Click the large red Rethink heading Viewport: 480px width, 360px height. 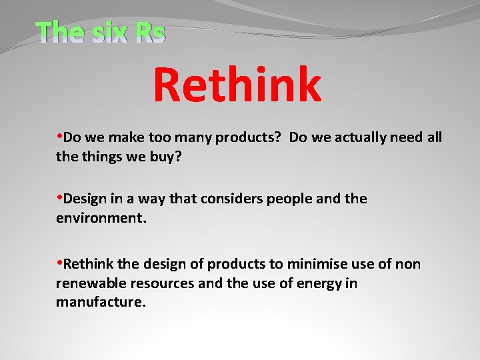coord(237,85)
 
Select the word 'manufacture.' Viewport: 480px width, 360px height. coord(101,302)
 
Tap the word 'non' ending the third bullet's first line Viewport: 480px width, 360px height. coord(407,265)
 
